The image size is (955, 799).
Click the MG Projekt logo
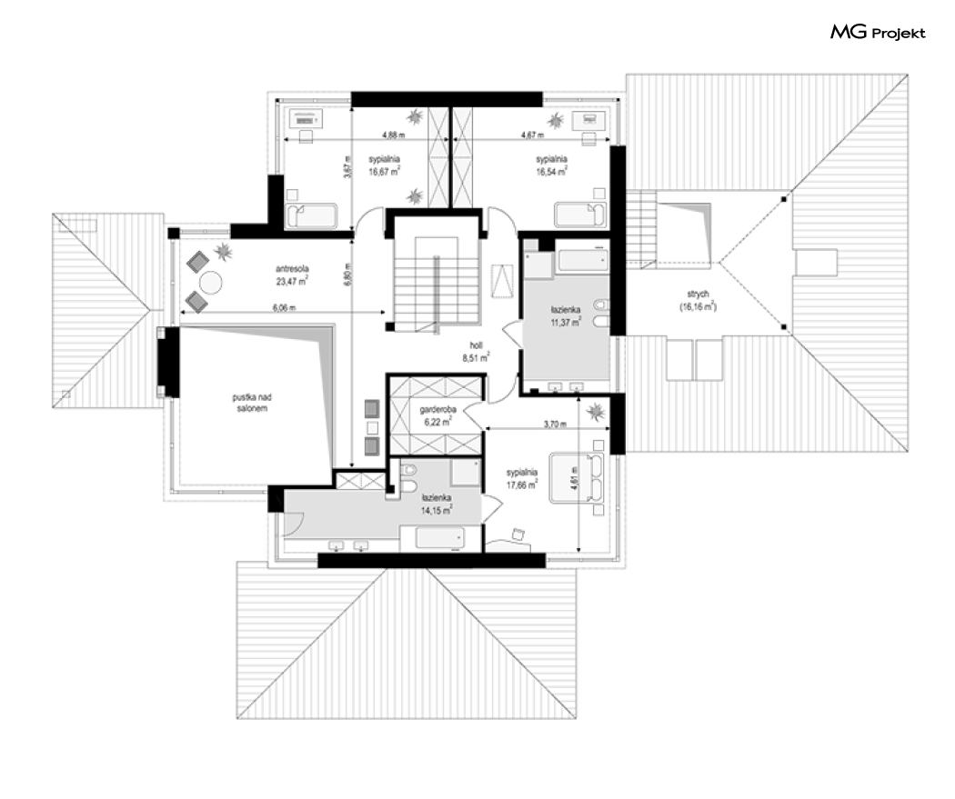[x=878, y=32]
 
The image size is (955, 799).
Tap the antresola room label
[x=292, y=275]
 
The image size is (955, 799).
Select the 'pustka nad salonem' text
[x=252, y=403]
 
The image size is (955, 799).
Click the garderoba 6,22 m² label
[x=436, y=415]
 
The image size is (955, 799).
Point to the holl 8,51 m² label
[x=477, y=353]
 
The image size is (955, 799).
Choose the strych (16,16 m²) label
[x=698, y=301]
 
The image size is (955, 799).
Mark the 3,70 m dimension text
[x=555, y=424]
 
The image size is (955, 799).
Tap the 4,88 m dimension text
[x=394, y=135]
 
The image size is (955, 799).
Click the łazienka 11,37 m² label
[x=566, y=316]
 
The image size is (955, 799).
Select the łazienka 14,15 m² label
[x=436, y=504]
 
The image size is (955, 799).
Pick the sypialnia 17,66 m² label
[x=522, y=479]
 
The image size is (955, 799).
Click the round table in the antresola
[x=211, y=283]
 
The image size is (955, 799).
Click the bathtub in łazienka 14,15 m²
[x=439, y=538]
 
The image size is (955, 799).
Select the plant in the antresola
[x=224, y=250]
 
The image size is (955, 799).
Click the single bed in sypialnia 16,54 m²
[x=580, y=215]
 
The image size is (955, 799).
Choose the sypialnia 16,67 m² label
[x=384, y=165]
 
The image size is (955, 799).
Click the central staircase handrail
[x=436, y=295]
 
